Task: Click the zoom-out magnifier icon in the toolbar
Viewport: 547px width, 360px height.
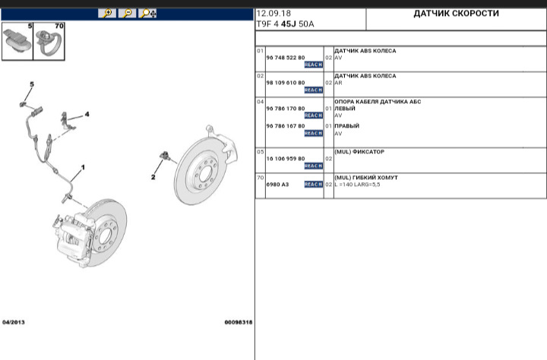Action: tap(128, 14)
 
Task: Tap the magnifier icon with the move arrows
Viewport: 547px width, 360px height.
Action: tap(148, 14)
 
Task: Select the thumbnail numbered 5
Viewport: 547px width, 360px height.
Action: tap(17, 41)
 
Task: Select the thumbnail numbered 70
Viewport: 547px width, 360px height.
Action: tap(49, 41)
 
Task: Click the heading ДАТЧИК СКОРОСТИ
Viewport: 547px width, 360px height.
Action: tap(456, 14)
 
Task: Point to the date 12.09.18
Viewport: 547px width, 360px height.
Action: tap(273, 14)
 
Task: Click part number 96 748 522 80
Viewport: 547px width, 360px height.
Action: tap(285, 58)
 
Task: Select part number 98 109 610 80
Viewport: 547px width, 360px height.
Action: tap(285, 83)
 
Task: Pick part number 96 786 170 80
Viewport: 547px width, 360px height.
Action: tap(285, 109)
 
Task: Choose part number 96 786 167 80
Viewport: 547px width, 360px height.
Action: tap(285, 126)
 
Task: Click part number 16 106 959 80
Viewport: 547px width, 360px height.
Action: tap(285, 159)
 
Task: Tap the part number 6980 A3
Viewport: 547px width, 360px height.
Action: tap(277, 185)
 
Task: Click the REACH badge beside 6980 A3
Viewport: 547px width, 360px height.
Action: tap(313, 185)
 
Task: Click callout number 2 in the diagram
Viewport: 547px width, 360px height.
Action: tap(153, 177)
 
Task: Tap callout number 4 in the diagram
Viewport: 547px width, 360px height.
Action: tap(87, 115)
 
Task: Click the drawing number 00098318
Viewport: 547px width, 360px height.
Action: tap(238, 323)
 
